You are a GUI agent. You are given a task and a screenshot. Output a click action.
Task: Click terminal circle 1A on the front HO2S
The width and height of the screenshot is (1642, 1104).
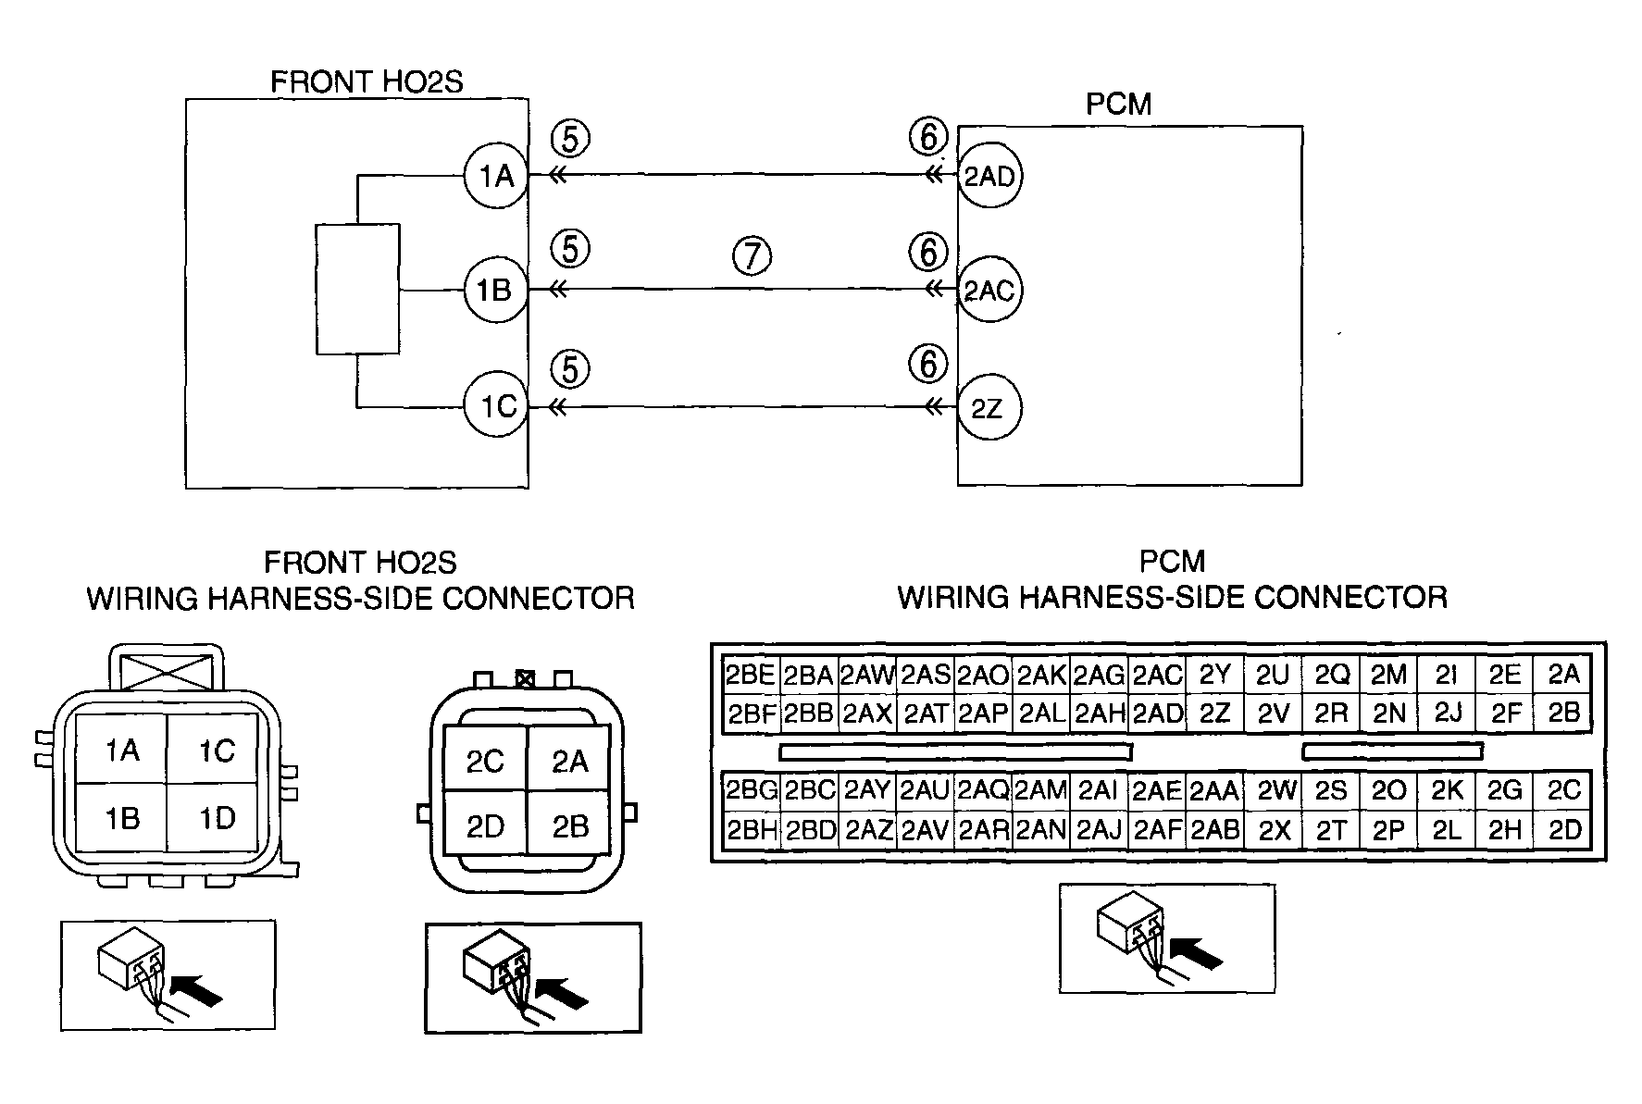pyautogui.click(x=495, y=175)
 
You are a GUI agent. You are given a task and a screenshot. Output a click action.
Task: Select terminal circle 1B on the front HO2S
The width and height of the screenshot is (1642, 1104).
pyautogui.click(x=495, y=291)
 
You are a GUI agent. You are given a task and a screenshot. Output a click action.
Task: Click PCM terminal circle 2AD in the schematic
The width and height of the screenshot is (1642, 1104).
pyautogui.click(x=989, y=176)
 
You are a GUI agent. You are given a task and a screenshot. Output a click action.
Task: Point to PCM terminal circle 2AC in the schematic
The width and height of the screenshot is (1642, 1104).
pyautogui.click(x=989, y=291)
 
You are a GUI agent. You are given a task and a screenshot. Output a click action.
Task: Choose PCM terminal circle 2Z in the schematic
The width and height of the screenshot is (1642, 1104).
pyautogui.click(x=989, y=408)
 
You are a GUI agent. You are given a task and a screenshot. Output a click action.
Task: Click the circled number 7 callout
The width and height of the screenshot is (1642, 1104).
pyautogui.click(x=752, y=255)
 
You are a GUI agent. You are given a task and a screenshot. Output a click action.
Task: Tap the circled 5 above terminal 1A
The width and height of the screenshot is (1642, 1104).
pyautogui.click(x=570, y=139)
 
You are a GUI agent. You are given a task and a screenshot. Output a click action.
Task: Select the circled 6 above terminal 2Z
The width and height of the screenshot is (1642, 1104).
pyautogui.click(x=929, y=365)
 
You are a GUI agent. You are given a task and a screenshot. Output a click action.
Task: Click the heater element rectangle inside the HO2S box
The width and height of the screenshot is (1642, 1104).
pyautogui.click(x=358, y=289)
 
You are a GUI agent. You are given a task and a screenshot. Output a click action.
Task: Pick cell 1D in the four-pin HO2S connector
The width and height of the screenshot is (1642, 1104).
pyautogui.click(x=218, y=818)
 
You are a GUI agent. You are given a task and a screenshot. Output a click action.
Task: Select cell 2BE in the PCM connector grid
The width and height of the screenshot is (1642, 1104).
pyautogui.click(x=751, y=675)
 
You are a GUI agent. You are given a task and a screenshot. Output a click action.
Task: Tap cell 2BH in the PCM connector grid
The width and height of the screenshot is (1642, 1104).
pyautogui.click(x=751, y=829)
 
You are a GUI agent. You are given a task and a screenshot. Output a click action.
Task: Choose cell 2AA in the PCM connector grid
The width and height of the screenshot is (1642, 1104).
pyautogui.click(x=1213, y=791)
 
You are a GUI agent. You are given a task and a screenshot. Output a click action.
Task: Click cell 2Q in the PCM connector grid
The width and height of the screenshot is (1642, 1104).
pyautogui.click(x=1331, y=675)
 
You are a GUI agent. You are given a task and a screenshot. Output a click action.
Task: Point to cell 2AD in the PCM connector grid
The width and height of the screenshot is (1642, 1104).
pyautogui.click(x=1157, y=713)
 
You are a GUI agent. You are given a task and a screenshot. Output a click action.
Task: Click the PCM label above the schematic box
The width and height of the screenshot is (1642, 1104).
pyautogui.click(x=1118, y=105)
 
